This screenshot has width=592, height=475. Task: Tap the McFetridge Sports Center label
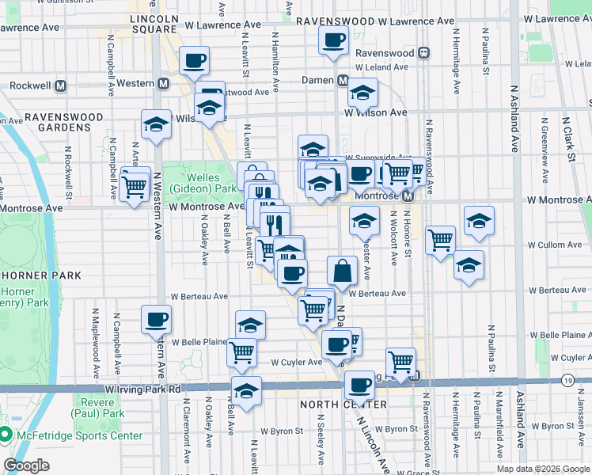pos(78,435)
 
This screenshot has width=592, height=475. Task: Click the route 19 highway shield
pos(568,381)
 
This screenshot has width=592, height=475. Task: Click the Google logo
pos(26,466)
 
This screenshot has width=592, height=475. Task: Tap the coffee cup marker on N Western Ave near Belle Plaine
pos(156,320)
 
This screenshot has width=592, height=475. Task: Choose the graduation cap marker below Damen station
pos(363,95)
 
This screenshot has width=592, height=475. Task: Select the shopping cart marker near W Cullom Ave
pos(440,240)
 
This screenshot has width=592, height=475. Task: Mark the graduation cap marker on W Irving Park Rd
pos(246,391)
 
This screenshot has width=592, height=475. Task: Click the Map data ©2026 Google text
pos(542,469)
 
